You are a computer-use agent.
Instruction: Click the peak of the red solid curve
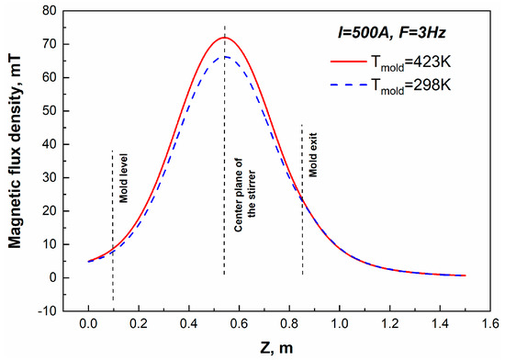tap(224, 38)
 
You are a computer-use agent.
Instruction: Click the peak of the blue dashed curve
tap(225, 57)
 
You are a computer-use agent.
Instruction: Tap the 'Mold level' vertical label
tap(123, 182)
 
